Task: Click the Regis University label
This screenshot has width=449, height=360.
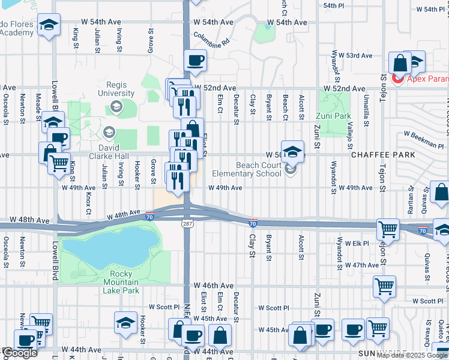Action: coord(116,89)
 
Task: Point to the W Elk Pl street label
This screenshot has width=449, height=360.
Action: coord(353,243)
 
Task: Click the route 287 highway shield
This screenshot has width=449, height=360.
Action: coord(187,223)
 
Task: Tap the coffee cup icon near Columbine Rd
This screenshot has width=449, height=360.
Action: coord(196,59)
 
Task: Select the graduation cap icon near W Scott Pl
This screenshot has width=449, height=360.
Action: coord(125,322)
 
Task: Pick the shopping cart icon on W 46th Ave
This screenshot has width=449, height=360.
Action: coord(384,286)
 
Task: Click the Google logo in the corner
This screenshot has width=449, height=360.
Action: coord(19,353)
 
